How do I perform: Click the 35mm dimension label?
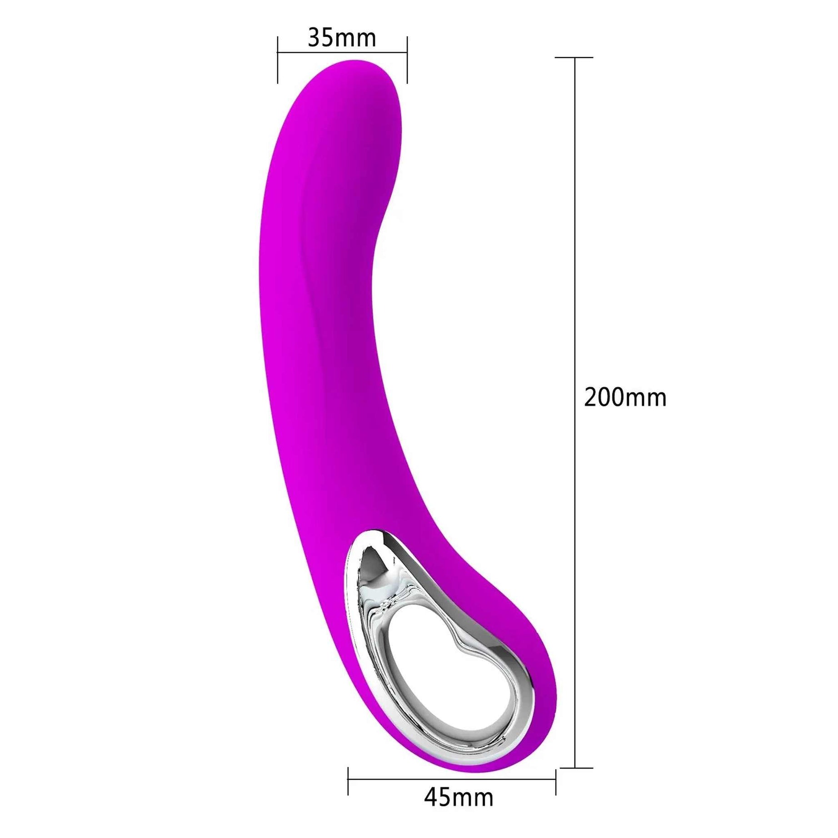tap(342, 38)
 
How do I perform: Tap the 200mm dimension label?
tap(625, 397)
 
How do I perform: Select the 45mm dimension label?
tap(459, 797)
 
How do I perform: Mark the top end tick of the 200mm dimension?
tap(574, 58)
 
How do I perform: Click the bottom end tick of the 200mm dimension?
tap(576, 768)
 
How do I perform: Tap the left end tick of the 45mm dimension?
tap(348, 781)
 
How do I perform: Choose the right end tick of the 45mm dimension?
tap(556, 781)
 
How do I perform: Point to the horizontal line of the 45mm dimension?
tap(452, 779)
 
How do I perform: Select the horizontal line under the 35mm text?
tap(342, 52)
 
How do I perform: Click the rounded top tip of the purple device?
tap(354, 64)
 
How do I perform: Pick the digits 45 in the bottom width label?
tap(439, 797)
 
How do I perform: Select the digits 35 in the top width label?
tap(322, 38)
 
